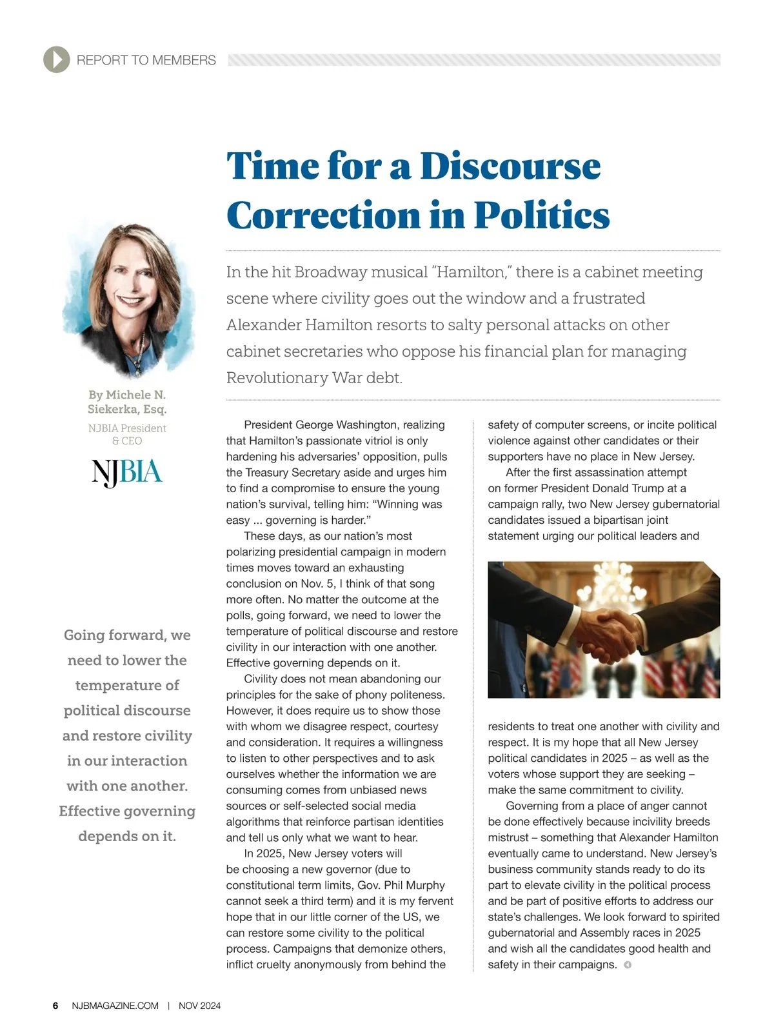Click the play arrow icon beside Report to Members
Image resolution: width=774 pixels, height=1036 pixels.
(57, 60)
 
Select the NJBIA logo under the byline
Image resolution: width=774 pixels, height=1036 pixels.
(127, 472)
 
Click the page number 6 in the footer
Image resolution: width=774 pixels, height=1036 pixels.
(55, 1006)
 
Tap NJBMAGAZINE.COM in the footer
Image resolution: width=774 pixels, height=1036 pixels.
(115, 1006)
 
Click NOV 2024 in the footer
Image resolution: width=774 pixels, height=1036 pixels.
(199, 1006)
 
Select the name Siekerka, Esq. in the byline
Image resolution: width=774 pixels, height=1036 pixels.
(127, 409)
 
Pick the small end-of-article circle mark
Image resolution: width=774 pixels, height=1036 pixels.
(628, 965)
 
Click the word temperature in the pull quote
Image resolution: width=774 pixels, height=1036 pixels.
(127, 685)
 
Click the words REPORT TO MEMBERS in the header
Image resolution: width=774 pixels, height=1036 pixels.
(146, 60)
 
